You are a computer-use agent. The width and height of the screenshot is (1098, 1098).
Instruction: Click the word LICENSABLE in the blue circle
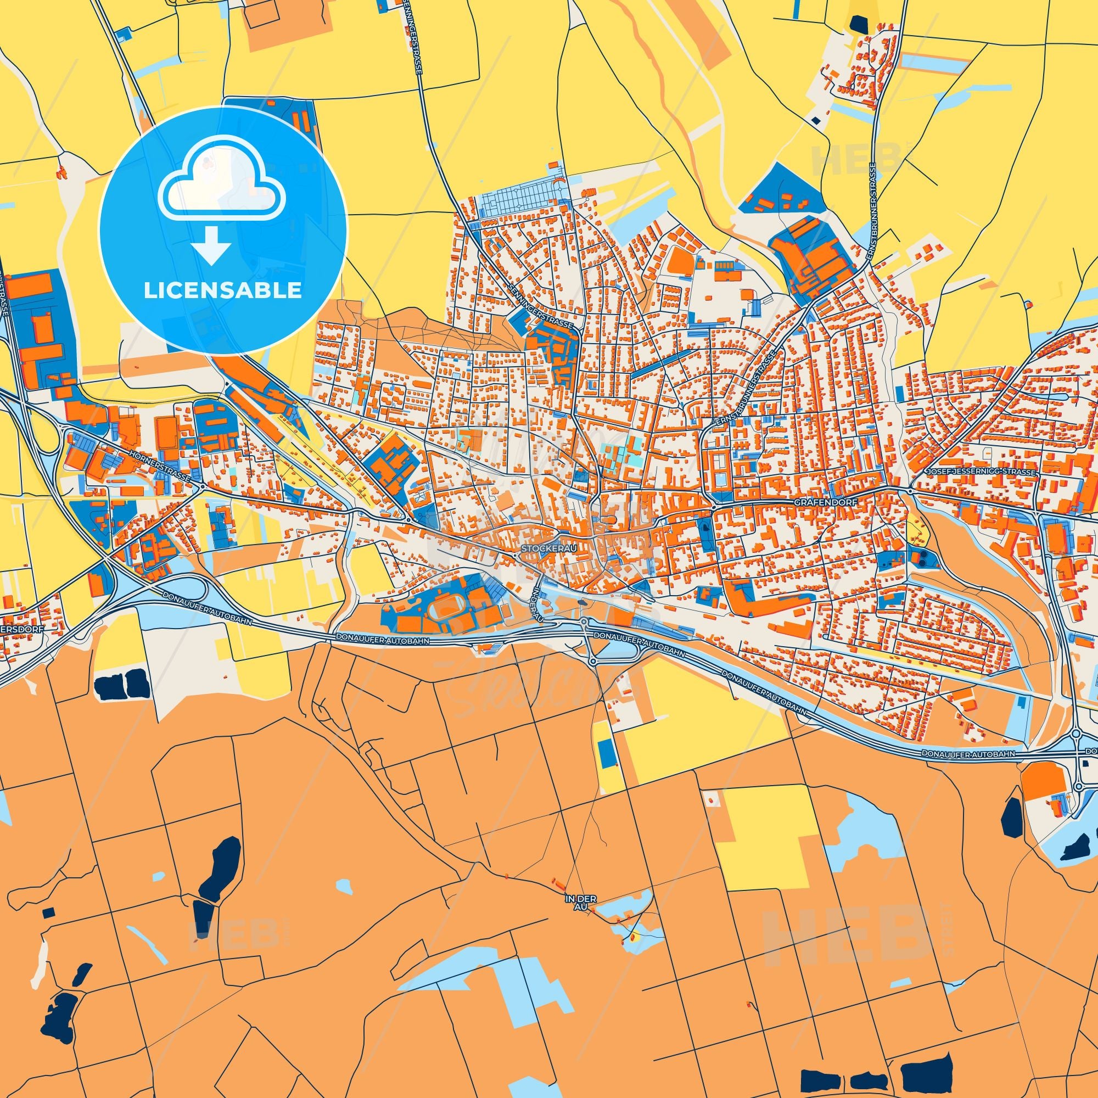click(223, 290)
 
